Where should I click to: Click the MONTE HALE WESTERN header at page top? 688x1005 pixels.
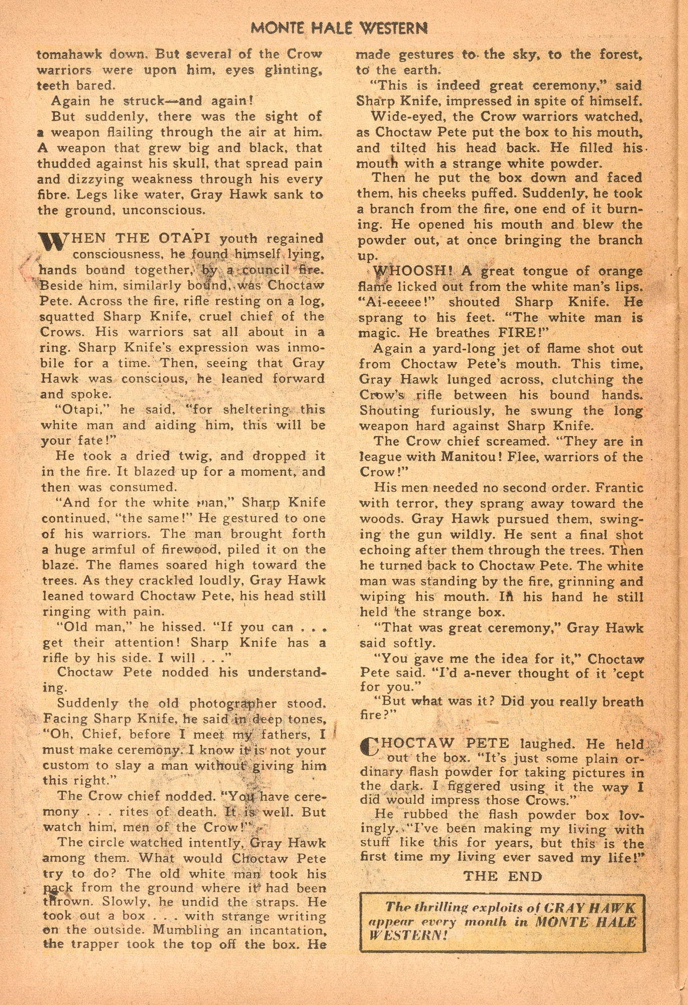tap(339, 28)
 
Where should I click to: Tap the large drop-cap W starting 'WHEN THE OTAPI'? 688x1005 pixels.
tap(52, 243)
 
